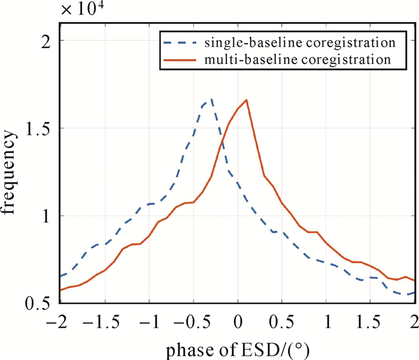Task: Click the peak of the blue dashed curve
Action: (x=211, y=99)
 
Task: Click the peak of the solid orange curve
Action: (x=247, y=100)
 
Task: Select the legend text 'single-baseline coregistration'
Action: (x=299, y=43)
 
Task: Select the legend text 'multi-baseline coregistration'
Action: (x=297, y=60)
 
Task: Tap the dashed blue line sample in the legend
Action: (x=180, y=43)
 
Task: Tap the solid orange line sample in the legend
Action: (x=180, y=60)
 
